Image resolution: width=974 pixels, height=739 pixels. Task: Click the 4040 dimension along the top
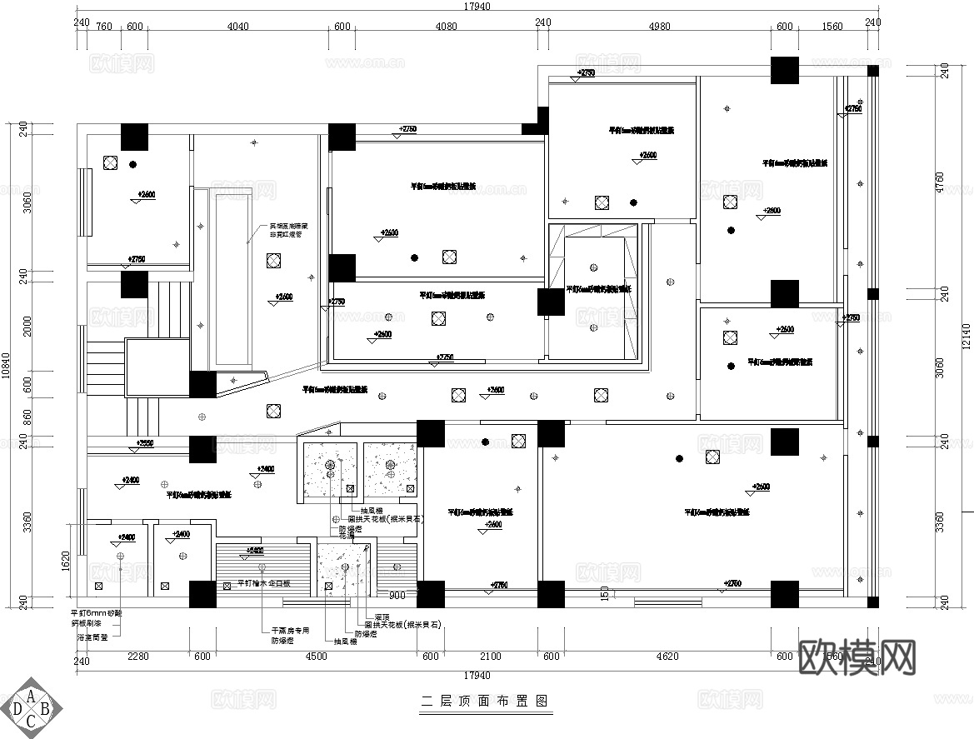[238, 26]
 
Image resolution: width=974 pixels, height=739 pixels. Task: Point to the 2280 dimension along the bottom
[137, 657]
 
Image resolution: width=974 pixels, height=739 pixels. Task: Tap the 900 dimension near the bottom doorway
[398, 596]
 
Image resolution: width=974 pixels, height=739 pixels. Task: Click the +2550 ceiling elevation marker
[145, 443]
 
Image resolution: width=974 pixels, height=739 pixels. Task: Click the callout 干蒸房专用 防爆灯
[289, 636]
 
